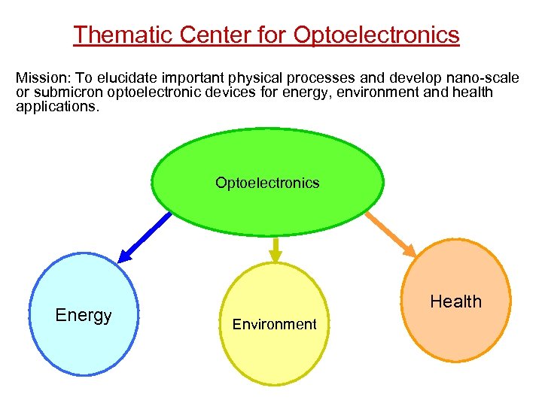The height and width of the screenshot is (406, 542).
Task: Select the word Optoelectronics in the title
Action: point(376,35)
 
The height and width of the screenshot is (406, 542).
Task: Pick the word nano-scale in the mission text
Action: point(485,78)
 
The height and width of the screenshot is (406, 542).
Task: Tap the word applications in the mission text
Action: point(56,107)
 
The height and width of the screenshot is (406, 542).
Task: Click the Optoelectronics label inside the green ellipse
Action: point(267,183)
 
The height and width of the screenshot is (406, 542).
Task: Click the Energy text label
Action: point(84,316)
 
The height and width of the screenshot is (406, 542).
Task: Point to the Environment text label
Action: point(274,325)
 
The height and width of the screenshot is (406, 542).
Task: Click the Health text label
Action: point(455,302)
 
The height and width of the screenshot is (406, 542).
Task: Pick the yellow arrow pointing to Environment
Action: point(276,250)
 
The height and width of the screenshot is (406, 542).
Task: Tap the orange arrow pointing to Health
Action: point(391,234)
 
